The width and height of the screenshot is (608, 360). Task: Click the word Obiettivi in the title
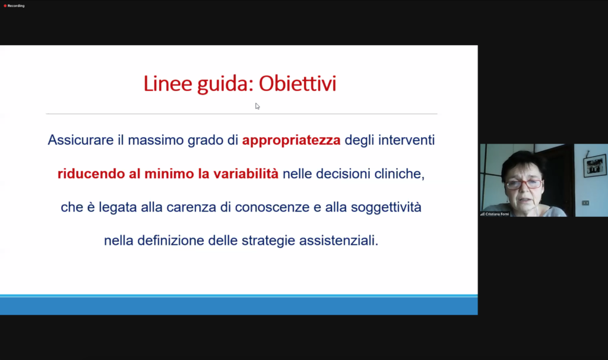coord(297,84)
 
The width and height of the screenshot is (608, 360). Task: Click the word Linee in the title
coord(168,84)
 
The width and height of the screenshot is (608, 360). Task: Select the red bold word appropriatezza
coord(291,141)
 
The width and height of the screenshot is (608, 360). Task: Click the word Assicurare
coord(81,140)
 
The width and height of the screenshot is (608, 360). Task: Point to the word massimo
coord(156,140)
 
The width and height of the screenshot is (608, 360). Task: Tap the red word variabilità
coord(246,174)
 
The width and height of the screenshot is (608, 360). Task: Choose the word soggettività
coord(386,208)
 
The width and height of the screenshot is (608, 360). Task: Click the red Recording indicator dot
coord(5,6)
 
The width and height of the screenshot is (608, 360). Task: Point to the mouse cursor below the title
coord(258,106)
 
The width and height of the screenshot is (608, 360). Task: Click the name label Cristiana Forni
coord(497,214)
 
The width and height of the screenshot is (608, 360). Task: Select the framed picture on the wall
coord(595,165)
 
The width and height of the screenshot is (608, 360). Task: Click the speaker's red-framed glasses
coord(524,184)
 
